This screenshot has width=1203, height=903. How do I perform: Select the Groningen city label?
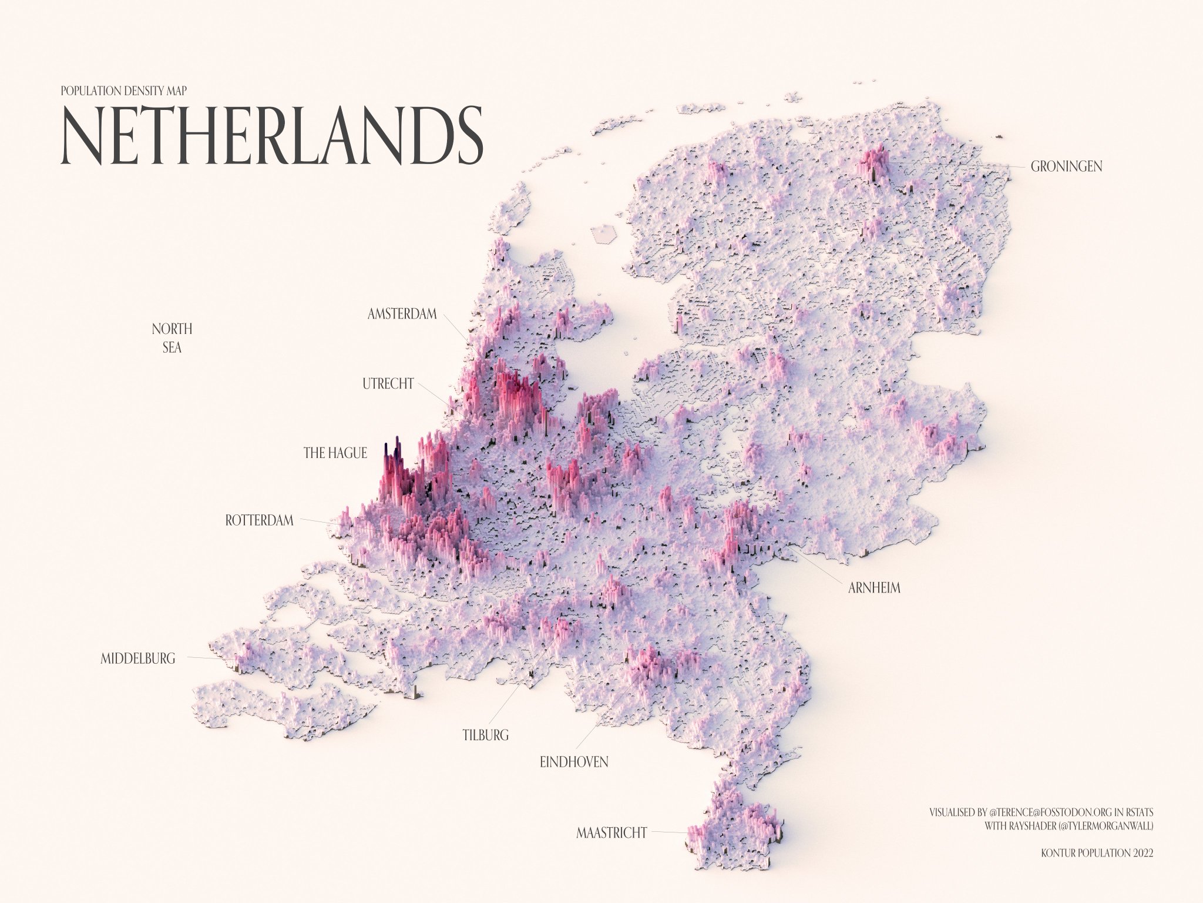pos(1066,167)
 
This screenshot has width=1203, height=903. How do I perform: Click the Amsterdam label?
pos(402,314)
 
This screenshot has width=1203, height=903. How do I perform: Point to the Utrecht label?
pos(388,384)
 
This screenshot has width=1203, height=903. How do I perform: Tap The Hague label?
pos(335,453)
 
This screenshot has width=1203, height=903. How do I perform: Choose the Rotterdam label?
pos(259,520)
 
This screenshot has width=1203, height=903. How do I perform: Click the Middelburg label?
pos(138,658)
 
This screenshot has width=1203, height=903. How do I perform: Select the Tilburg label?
pos(485,735)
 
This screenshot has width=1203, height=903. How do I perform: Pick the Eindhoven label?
pos(574,762)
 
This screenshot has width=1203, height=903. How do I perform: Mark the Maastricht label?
pos(611,832)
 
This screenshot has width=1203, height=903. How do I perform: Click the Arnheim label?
pos(874,588)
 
